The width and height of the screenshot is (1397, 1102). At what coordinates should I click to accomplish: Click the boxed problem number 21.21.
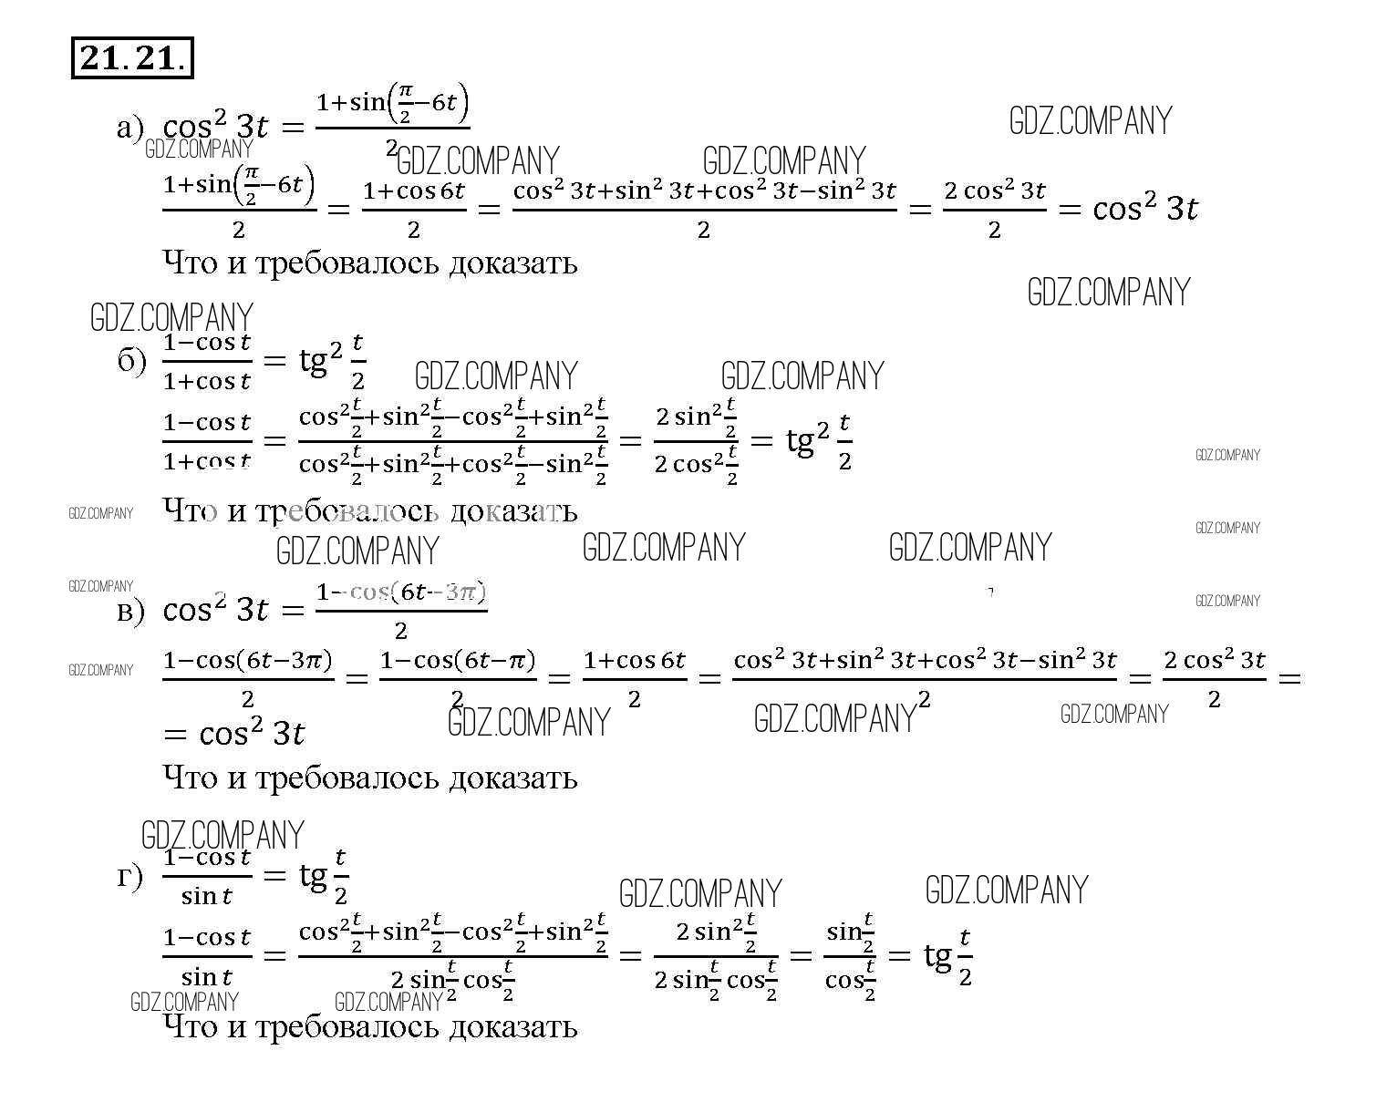(x=132, y=58)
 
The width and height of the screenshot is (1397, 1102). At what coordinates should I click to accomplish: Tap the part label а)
(x=129, y=128)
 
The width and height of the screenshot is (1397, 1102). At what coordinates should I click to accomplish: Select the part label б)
(x=130, y=361)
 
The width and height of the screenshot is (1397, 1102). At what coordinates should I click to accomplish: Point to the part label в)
(x=130, y=611)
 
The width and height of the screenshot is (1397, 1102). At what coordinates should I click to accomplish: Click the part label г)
(x=129, y=876)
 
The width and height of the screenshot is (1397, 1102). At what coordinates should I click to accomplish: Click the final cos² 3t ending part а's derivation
(x=1144, y=209)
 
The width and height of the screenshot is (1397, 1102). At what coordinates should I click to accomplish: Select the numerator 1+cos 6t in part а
(x=414, y=191)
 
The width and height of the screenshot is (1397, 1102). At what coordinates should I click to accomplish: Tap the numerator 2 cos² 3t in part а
(x=994, y=191)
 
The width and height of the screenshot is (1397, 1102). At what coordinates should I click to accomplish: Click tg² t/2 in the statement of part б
(x=333, y=361)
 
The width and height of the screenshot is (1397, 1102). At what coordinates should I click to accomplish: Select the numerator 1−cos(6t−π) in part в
(x=458, y=660)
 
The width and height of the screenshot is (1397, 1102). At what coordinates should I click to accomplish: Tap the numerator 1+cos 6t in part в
(x=635, y=660)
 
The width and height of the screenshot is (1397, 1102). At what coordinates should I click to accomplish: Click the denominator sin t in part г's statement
(x=207, y=896)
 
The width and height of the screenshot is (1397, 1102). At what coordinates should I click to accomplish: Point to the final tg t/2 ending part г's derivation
(x=948, y=955)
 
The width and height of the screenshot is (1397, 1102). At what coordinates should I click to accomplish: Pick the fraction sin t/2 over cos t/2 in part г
(x=850, y=955)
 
